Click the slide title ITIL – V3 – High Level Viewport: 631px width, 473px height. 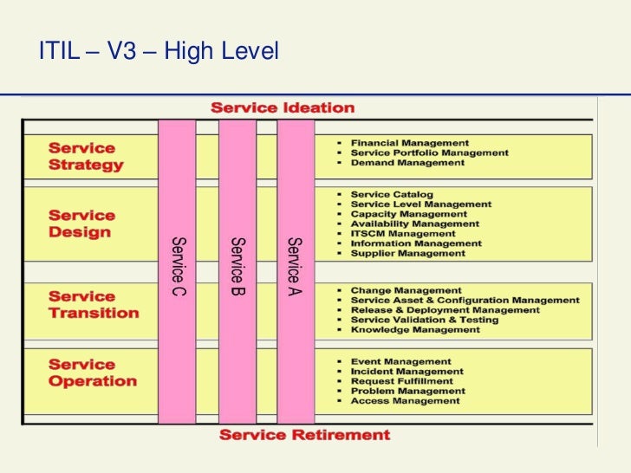click(x=159, y=53)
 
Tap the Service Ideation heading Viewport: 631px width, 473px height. click(x=283, y=108)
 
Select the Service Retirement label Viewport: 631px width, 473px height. click(x=304, y=435)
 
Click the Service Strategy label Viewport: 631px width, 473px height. click(x=86, y=157)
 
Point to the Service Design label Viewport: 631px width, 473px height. click(x=81, y=224)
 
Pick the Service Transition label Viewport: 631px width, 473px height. click(x=94, y=305)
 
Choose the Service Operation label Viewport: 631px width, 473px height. click(x=93, y=373)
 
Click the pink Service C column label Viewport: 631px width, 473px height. click(x=178, y=266)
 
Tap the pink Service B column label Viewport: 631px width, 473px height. click(x=237, y=266)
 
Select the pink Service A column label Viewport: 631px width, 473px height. click(x=296, y=266)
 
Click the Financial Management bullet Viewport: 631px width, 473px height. click(x=409, y=143)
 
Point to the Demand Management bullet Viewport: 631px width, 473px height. click(x=407, y=163)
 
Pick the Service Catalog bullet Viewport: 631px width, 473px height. click(x=392, y=195)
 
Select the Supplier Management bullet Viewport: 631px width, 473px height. click(x=407, y=254)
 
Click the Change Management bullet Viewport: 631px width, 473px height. click(x=406, y=291)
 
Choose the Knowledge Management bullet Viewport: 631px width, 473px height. click(x=415, y=330)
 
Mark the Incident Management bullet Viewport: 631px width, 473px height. click(x=407, y=372)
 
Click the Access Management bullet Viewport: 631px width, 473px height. click(x=405, y=401)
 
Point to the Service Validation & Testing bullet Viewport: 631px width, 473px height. click(x=425, y=320)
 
